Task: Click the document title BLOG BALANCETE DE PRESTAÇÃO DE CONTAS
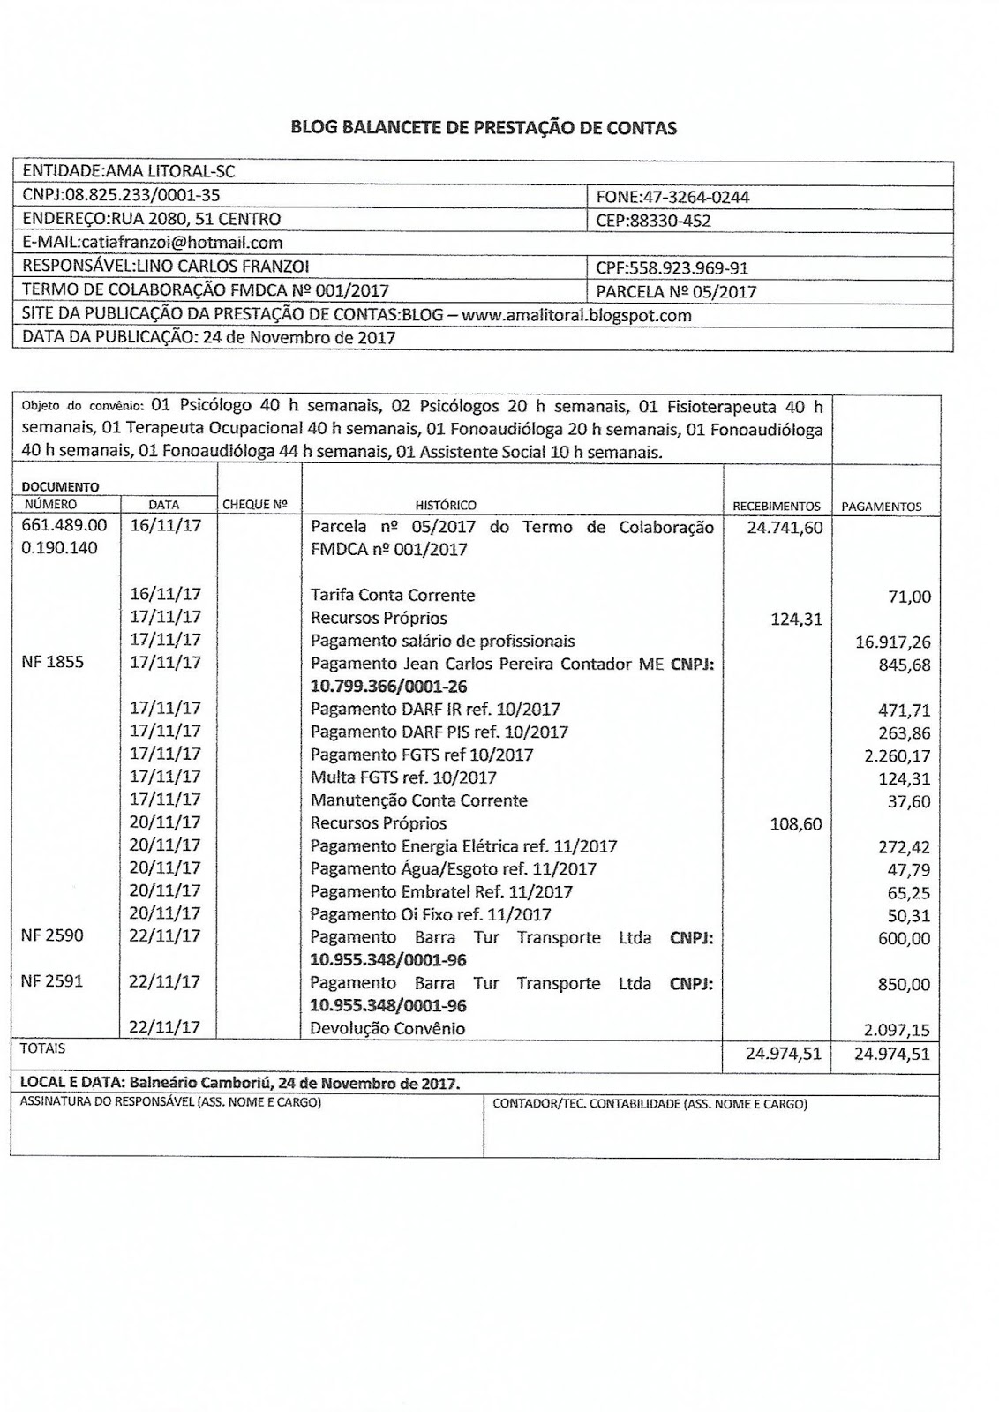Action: click(484, 128)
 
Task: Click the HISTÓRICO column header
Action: click(446, 506)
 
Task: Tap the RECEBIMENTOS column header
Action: click(777, 507)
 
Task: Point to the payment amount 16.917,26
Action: click(892, 642)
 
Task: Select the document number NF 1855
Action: click(52, 662)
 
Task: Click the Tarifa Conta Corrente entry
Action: click(393, 596)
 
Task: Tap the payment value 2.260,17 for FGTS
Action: click(895, 756)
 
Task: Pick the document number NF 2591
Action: click(52, 981)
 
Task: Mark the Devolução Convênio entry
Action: click(387, 1028)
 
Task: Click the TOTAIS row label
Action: click(42, 1049)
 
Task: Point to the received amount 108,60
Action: click(795, 824)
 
